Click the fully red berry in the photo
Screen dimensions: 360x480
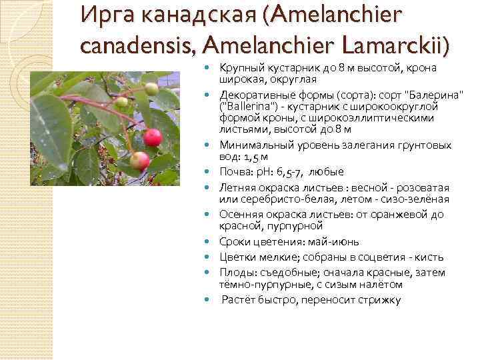153,137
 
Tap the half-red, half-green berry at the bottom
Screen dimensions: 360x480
139,161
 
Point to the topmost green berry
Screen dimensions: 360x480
151,89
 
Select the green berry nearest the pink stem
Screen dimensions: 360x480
121,102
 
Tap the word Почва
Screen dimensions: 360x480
235,171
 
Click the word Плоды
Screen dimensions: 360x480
235,271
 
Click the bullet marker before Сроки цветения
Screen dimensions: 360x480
212,243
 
